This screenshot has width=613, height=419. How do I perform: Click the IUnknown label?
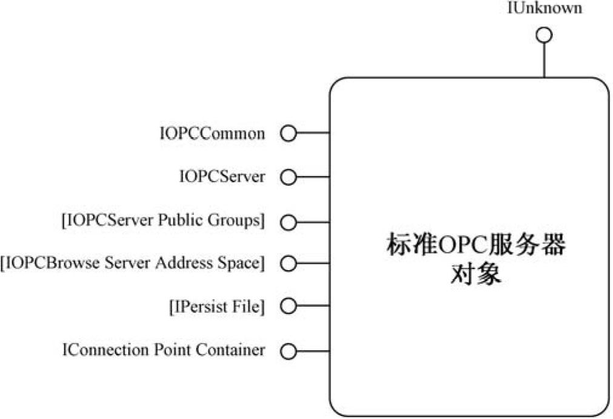[x=544, y=8]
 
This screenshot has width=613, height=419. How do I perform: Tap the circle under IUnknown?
[x=544, y=35]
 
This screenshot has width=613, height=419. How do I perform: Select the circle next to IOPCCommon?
[x=289, y=134]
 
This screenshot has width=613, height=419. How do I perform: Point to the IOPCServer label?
[x=222, y=177]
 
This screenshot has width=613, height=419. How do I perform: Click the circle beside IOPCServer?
[x=289, y=177]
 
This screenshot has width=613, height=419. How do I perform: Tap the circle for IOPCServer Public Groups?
[x=289, y=222]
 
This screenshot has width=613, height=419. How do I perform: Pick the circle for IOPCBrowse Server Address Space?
[x=289, y=264]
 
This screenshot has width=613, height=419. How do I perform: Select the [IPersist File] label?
[x=216, y=307]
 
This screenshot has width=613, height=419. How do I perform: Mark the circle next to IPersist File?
[x=289, y=307]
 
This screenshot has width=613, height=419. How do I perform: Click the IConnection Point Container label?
[x=164, y=350]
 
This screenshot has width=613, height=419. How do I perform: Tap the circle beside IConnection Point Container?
[x=289, y=351]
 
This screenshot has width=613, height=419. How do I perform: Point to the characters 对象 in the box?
[x=475, y=274]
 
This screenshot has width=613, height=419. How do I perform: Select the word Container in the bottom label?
[x=236, y=350]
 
